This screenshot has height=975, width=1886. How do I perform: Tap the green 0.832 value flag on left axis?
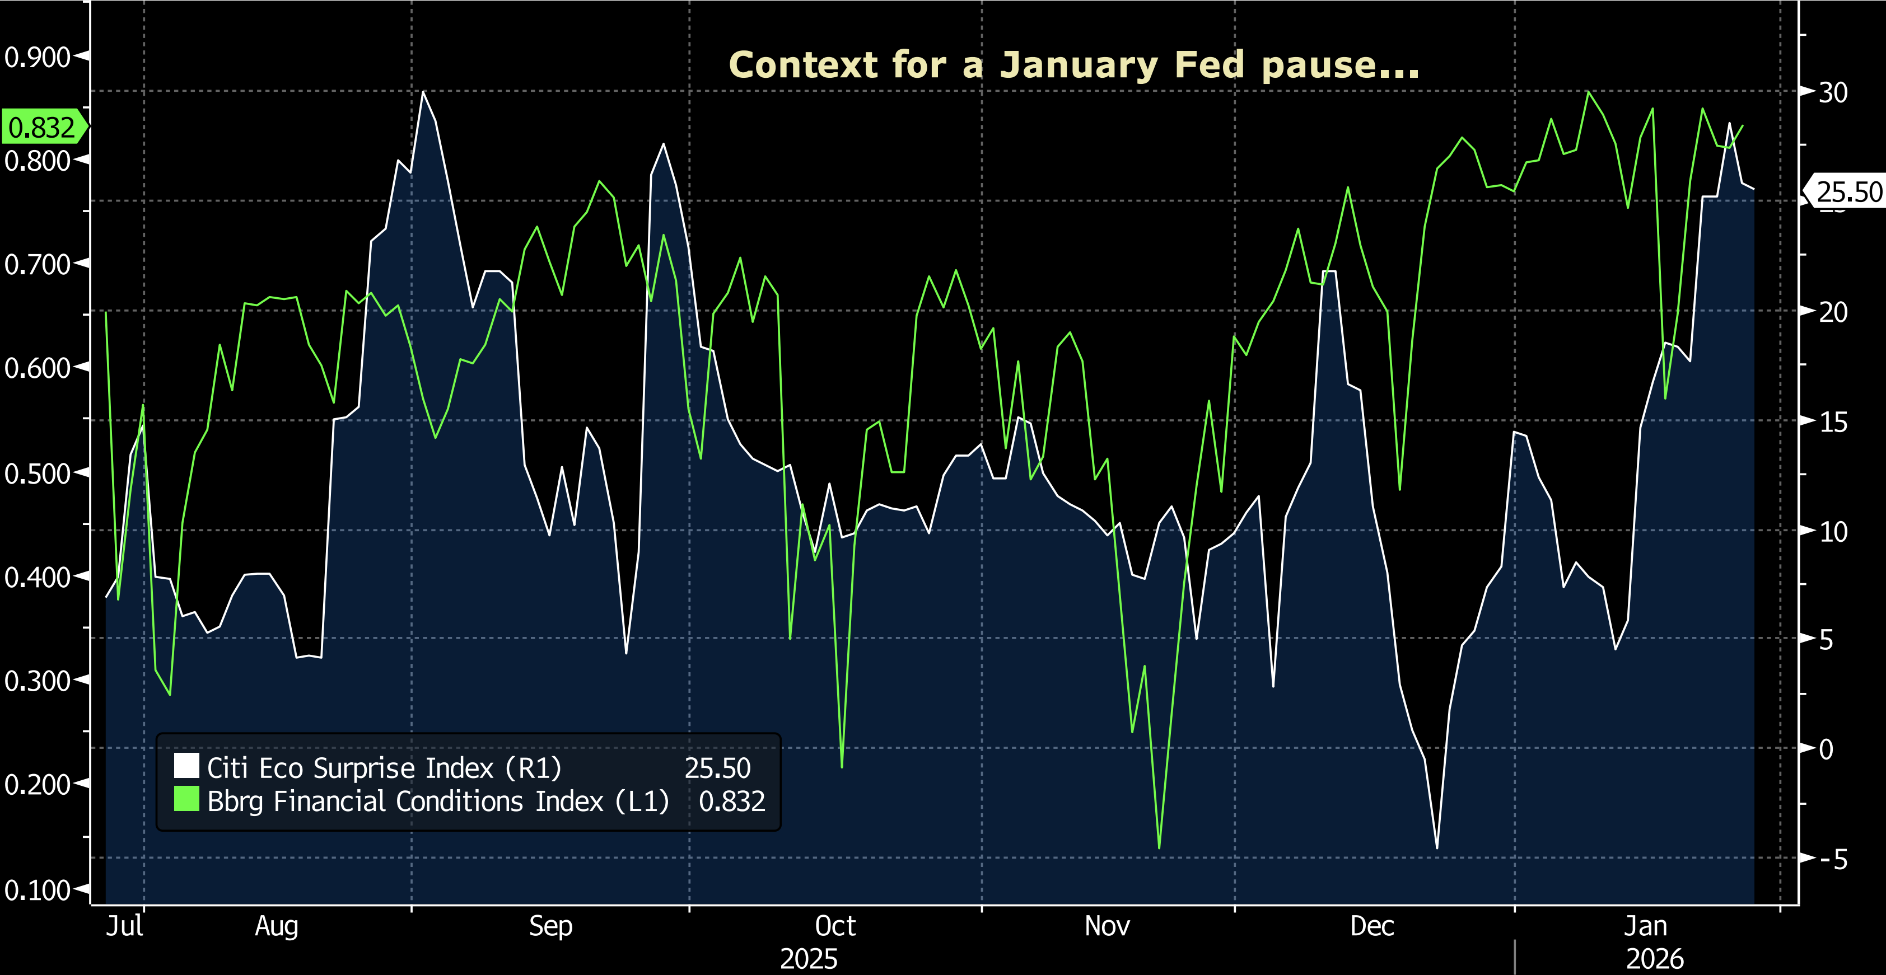coord(43,128)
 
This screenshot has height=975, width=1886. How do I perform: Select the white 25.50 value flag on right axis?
coord(1847,192)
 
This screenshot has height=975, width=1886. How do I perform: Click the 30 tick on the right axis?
coord(1833,92)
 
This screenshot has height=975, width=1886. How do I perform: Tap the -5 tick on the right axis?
coord(1833,859)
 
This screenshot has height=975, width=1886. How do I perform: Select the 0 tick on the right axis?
coord(1826,749)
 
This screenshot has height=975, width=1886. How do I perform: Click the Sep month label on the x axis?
coord(550,926)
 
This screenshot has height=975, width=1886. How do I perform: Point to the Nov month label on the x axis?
coord(1107,926)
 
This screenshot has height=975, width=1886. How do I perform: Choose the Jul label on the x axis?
coord(124,926)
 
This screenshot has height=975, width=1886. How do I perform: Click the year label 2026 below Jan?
coord(1655,959)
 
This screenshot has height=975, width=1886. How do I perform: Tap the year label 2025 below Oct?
coord(808,959)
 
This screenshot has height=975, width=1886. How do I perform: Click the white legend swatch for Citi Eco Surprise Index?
coord(186,766)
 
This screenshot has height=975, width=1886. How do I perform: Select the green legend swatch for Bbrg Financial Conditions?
coord(186,799)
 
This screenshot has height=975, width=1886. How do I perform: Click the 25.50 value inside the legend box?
coord(717,768)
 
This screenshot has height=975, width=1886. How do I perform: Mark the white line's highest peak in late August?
coord(424,92)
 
